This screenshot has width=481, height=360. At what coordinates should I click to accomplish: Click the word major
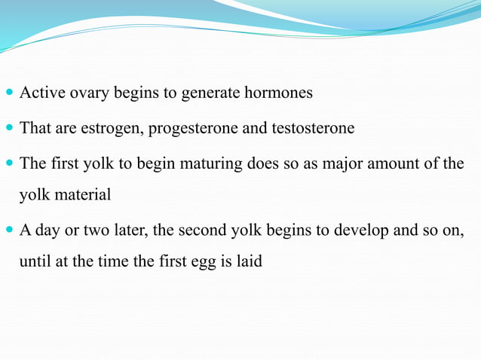pyautogui.click(x=344, y=164)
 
